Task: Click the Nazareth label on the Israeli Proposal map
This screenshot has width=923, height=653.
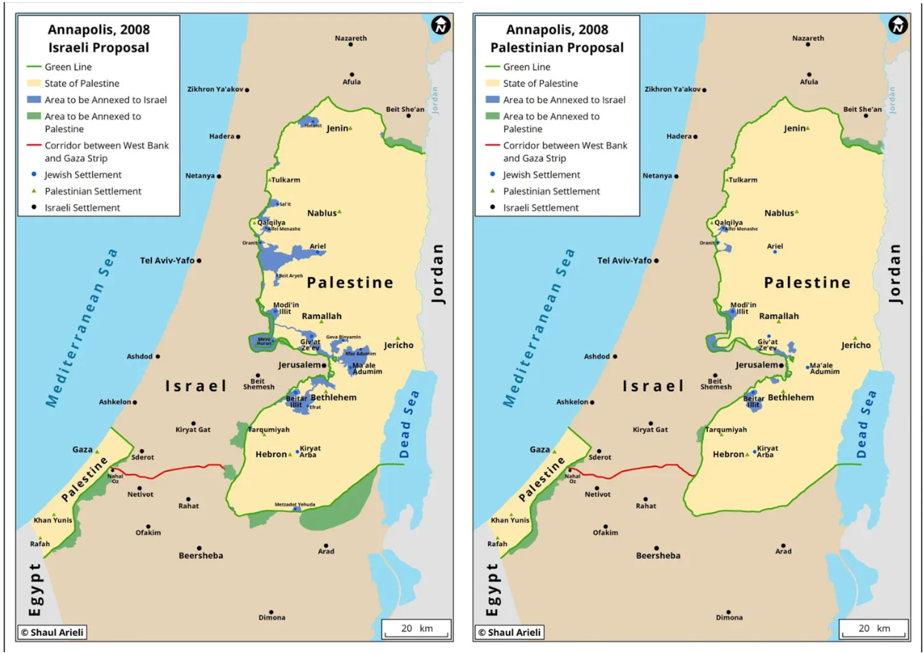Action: coord(350,38)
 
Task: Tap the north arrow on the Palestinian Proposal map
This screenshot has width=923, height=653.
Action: coord(898,25)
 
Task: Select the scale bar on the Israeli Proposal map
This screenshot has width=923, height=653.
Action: coord(416,629)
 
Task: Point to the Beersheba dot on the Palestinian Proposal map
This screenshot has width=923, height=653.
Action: coord(658,545)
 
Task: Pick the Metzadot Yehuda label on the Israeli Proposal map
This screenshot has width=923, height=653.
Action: coord(296,505)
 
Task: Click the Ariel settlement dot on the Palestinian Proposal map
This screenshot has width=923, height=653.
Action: coord(775,252)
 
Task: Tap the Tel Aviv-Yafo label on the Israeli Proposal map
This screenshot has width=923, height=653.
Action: coord(167,260)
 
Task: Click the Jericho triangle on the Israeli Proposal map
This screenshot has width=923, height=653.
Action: coord(398,338)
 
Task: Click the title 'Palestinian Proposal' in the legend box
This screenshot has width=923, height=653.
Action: coord(556,47)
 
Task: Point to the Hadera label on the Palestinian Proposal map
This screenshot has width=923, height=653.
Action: coord(678,137)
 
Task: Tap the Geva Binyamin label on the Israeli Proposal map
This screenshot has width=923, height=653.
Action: coord(344,337)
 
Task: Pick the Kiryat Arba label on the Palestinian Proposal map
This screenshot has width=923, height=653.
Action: coord(767,451)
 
